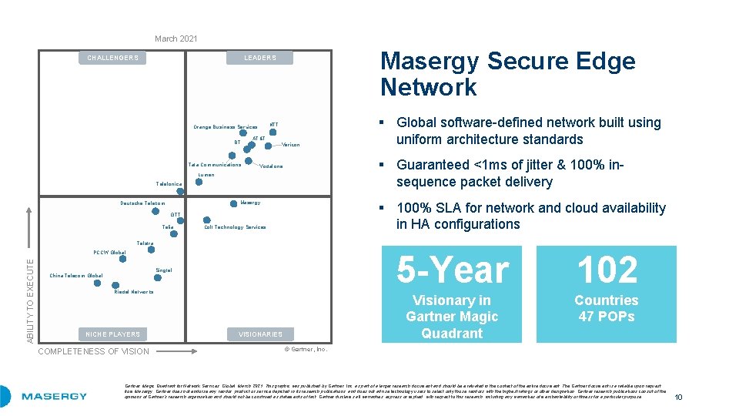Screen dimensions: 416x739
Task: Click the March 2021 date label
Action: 176,39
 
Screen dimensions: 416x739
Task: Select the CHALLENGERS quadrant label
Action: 113,58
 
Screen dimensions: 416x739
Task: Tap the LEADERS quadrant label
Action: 260,58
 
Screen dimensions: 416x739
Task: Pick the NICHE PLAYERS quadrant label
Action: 113,334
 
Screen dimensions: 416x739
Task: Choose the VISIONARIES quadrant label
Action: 260,334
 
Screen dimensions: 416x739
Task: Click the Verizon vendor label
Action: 291,145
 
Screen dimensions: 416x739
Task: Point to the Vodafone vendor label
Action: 271,166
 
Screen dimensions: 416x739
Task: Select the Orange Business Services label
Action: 226,127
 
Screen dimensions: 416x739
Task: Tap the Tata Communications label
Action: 215,164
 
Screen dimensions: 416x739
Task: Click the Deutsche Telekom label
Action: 142,203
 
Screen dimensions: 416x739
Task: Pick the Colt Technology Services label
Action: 235,227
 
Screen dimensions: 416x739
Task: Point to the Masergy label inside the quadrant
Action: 250,203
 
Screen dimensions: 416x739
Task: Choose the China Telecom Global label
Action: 75,276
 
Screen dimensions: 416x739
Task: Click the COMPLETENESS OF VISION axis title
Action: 93,351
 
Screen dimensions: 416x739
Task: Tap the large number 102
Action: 607,270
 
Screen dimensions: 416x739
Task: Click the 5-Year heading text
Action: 453,270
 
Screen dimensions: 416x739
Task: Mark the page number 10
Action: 678,397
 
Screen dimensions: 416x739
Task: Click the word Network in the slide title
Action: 429,87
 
